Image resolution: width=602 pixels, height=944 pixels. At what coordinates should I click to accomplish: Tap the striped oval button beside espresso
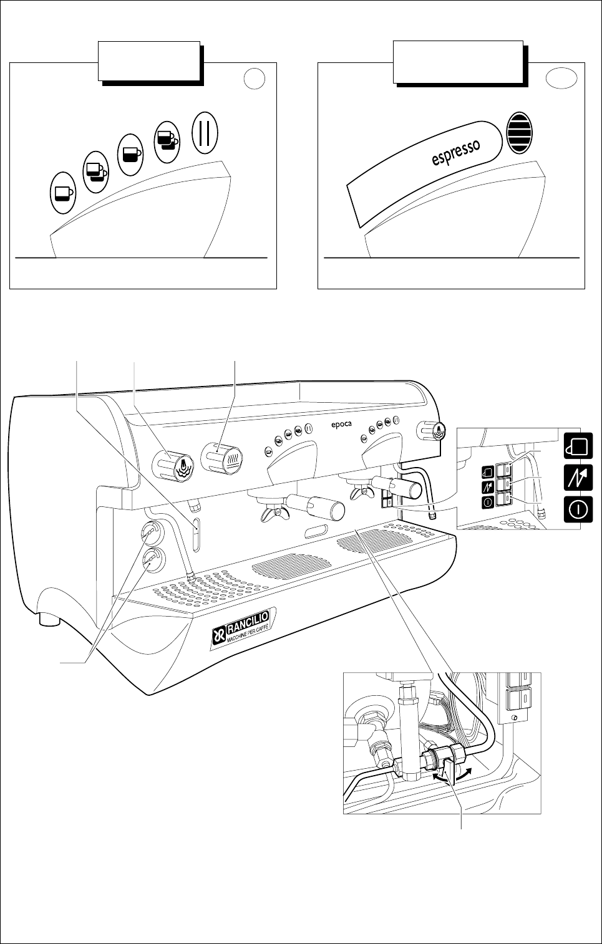(x=520, y=133)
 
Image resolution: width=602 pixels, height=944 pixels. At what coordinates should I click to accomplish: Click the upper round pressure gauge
(x=150, y=531)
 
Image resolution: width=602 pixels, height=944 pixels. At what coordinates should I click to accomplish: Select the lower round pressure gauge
(x=150, y=561)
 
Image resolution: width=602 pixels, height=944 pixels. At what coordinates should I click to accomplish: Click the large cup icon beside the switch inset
(x=578, y=446)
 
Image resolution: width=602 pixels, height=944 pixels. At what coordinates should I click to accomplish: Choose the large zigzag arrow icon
(x=578, y=477)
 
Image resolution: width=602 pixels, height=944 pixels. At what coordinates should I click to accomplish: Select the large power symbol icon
(x=578, y=508)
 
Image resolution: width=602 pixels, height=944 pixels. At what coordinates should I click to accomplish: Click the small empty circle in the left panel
(x=255, y=79)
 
